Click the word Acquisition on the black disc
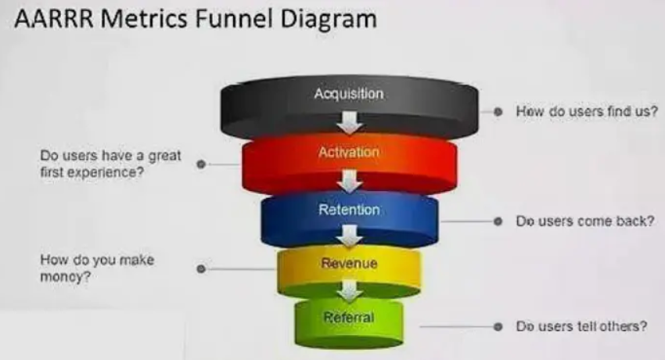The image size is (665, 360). pyautogui.click(x=349, y=95)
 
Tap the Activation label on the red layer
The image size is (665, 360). pyautogui.click(x=349, y=152)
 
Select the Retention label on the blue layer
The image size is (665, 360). pyautogui.click(x=349, y=210)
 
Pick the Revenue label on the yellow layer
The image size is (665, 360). pyautogui.click(x=349, y=264)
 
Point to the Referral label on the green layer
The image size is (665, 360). pyautogui.click(x=349, y=317)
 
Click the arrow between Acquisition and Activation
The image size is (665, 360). pyautogui.click(x=350, y=122)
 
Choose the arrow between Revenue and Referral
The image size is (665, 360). pyautogui.click(x=350, y=290)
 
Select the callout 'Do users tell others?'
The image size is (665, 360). pyautogui.click(x=581, y=326)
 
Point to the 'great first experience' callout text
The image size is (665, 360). pyautogui.click(x=110, y=164)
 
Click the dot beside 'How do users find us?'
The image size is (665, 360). pyautogui.click(x=496, y=112)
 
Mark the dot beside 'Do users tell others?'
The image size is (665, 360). pyautogui.click(x=496, y=326)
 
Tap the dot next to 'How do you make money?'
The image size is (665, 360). pyautogui.click(x=201, y=268)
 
